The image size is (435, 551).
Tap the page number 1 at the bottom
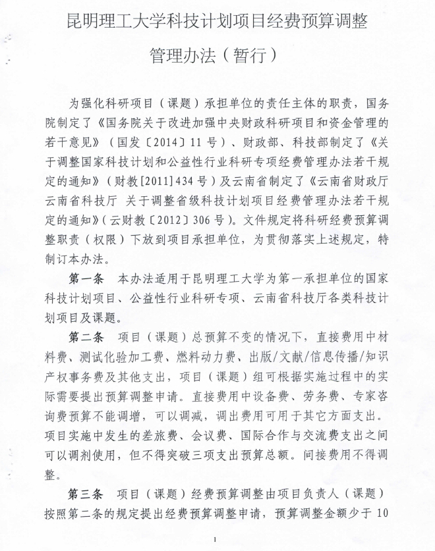pyautogui.click(x=216, y=539)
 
